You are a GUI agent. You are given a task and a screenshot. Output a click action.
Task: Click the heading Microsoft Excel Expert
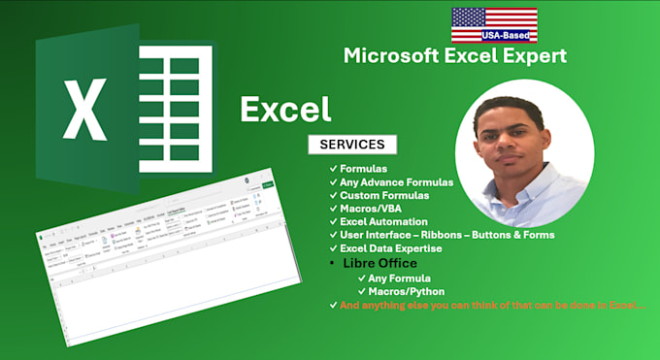point(455,57)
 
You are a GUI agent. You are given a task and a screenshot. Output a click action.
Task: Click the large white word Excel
point(285,109)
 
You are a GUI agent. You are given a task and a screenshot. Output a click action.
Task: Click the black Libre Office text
point(379,264)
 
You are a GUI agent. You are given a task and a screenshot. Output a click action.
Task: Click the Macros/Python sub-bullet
point(407,291)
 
